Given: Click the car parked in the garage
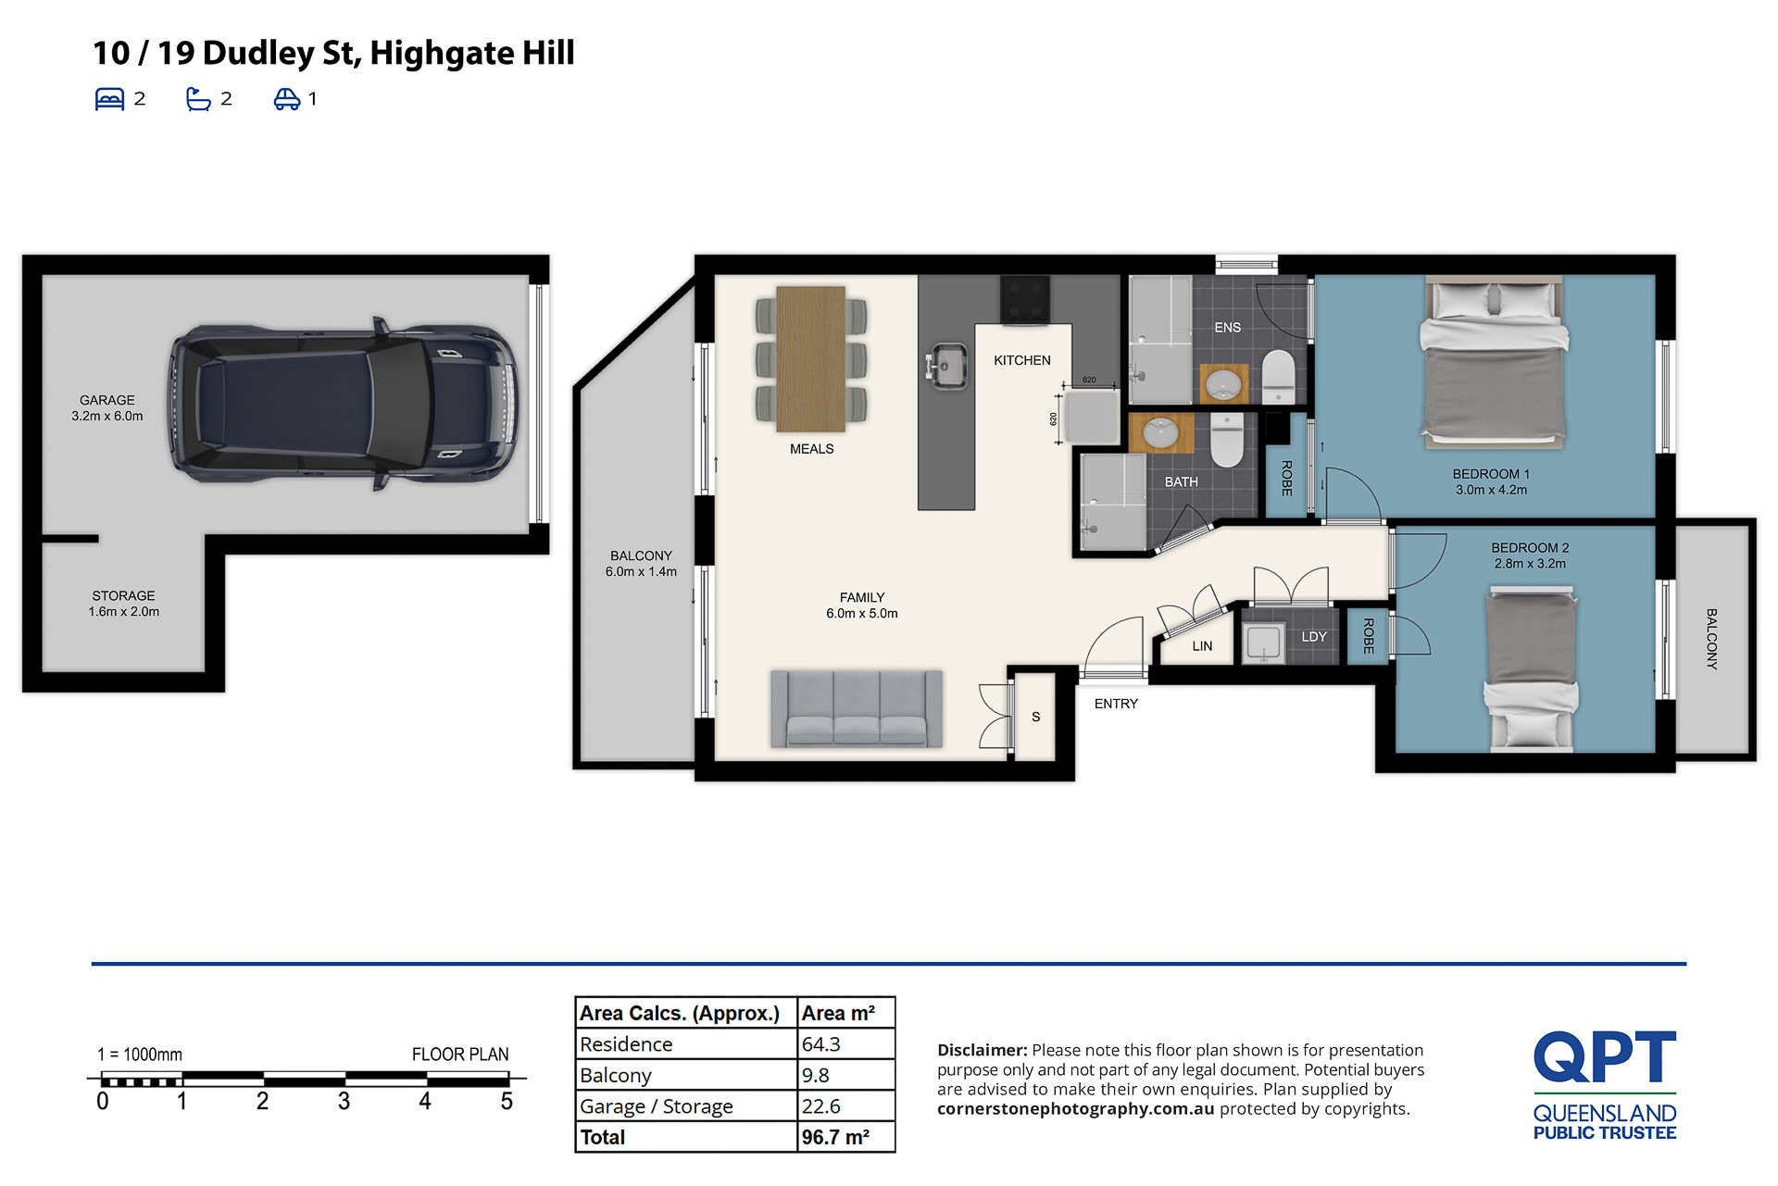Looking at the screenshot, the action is (344, 405).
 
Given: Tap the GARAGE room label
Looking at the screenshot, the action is (107, 400).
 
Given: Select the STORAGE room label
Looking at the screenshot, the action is (123, 595).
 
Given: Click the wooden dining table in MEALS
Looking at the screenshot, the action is (811, 359).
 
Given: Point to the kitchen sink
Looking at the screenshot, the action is (945, 366).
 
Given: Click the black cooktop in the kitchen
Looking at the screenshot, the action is (1025, 299).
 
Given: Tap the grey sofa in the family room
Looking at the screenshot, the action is (857, 708).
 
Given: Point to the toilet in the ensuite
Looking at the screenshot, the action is (1279, 376).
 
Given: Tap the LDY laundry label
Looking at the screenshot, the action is (1314, 637).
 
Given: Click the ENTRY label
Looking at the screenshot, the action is (1116, 704).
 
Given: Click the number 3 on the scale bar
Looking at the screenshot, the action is (344, 1101).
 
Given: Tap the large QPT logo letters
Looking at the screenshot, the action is (1604, 1056).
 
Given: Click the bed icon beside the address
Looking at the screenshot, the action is (109, 99).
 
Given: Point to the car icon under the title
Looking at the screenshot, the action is (287, 99).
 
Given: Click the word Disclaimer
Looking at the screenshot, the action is (982, 1050).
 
